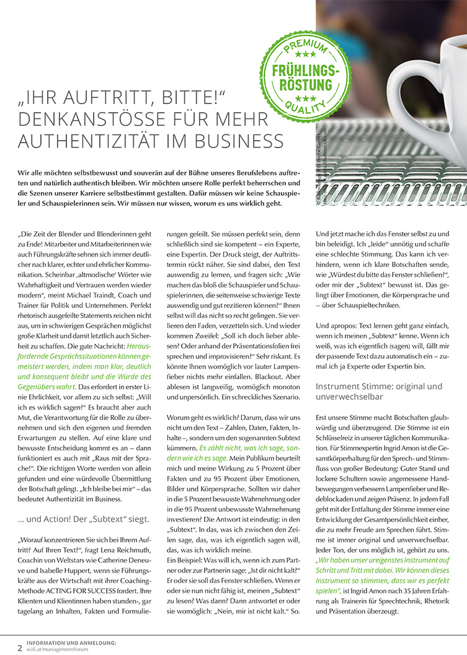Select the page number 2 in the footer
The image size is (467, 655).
(20, 648)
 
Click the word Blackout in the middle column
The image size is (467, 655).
(265, 360)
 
